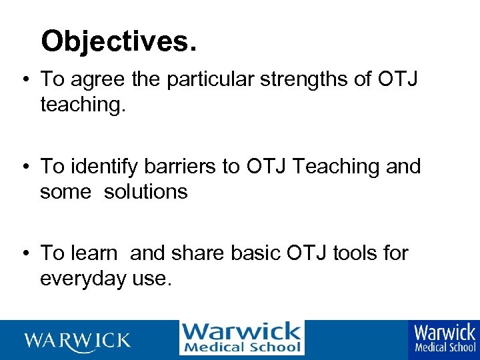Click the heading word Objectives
tap(119, 41)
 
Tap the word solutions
tap(145, 192)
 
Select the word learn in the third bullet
tap(95, 253)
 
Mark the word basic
tap(257, 253)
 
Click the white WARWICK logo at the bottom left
tap(77, 340)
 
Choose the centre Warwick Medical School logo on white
tap(241, 338)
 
